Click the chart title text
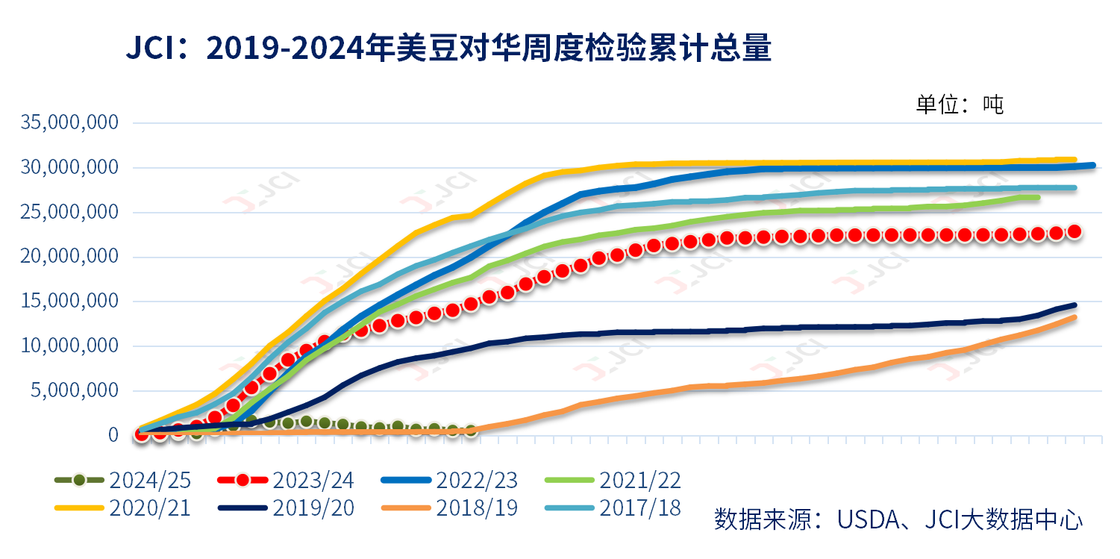(448, 50)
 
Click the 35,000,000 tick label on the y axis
(71, 122)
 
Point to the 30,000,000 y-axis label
(71, 167)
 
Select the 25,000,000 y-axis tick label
(71, 212)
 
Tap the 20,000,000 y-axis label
(71, 257)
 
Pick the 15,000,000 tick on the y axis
(71, 301)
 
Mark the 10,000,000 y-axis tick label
(71, 346)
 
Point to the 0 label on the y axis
(113, 434)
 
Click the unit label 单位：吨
(960, 104)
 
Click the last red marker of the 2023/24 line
(1074, 231)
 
